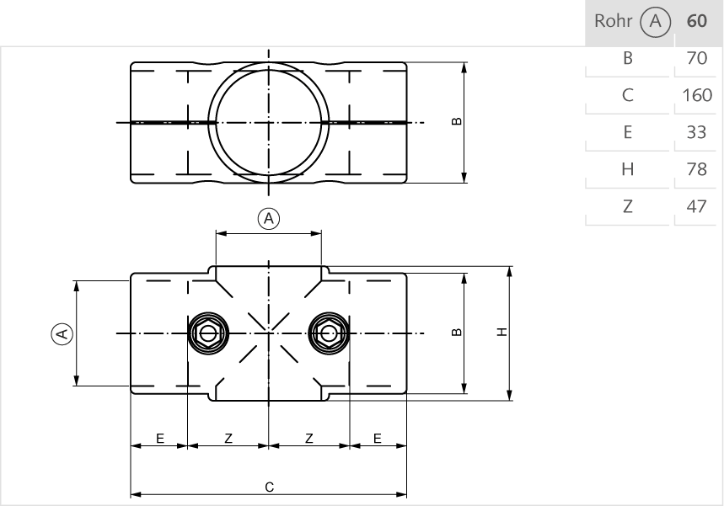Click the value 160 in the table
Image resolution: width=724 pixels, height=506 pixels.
tap(697, 95)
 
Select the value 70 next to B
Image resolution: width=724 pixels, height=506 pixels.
tap(697, 59)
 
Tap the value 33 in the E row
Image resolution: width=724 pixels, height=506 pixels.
tap(697, 132)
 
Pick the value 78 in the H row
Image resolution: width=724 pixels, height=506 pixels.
tap(697, 169)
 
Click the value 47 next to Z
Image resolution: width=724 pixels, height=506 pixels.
tap(697, 205)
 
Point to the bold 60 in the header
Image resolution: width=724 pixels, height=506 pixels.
tap(697, 22)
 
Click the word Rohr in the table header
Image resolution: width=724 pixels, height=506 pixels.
tap(611, 22)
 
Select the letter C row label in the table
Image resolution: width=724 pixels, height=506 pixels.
tap(627, 95)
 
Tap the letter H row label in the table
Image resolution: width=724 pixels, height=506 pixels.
tap(627, 169)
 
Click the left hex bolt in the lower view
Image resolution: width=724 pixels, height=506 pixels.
tap(207, 333)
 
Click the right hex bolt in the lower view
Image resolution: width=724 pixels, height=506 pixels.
tap(329, 333)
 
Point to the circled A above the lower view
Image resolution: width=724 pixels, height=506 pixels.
tap(268, 219)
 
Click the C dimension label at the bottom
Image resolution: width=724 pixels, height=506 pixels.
tap(268, 487)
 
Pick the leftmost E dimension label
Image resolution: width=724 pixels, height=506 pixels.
tap(158, 438)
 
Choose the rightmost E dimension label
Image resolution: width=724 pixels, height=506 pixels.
tap(377, 438)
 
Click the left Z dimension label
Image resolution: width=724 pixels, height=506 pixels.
tap(228, 438)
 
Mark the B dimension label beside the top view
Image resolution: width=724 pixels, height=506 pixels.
tap(457, 121)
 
